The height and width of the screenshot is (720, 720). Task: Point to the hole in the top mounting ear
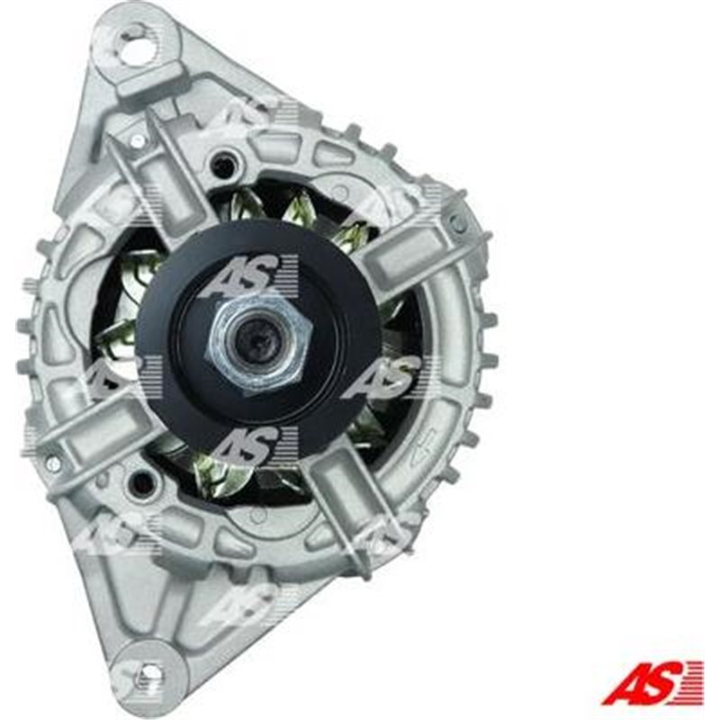pos(137,47)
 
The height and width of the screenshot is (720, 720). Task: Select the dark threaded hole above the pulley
pos(223,166)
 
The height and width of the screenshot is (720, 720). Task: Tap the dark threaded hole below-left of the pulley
pos(141,483)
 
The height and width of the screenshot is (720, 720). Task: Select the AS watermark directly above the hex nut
pos(247,274)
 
